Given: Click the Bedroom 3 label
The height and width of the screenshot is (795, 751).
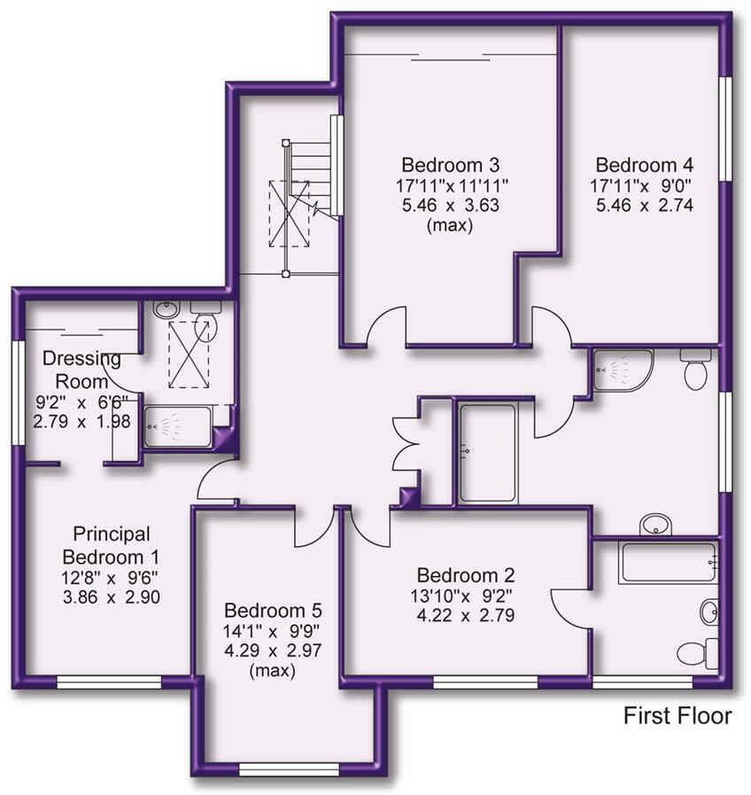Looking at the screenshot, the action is click(x=450, y=165).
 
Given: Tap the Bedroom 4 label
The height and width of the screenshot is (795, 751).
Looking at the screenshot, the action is click(x=644, y=165).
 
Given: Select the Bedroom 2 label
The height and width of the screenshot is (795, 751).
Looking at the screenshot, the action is click(x=465, y=575).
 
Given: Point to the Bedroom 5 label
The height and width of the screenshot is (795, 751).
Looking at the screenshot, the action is click(x=273, y=610).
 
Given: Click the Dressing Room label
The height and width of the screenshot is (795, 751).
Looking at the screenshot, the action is click(x=81, y=369).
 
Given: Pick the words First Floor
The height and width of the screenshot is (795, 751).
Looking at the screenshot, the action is click(x=677, y=716).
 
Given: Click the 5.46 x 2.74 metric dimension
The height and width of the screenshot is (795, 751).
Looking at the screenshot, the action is click(x=644, y=206).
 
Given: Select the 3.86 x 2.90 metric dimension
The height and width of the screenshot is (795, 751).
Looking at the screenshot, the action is click(x=112, y=596).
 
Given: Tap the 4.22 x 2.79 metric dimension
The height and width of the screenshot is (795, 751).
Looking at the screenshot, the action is click(x=465, y=615).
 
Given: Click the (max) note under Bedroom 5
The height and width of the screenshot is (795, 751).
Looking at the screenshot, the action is click(x=272, y=670).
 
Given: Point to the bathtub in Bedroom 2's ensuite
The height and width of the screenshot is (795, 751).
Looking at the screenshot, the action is click(x=669, y=563).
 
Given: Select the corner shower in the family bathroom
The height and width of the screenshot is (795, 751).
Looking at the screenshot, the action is click(x=623, y=370).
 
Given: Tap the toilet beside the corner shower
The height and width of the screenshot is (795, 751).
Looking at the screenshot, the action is click(x=696, y=369).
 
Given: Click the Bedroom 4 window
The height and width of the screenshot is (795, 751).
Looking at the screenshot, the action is click(x=725, y=129).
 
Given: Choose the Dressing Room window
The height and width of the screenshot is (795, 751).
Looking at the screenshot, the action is click(x=19, y=393).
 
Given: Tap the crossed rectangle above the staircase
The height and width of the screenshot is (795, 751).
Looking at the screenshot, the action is click(x=290, y=214).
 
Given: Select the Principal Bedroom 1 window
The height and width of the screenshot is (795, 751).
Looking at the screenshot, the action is click(x=109, y=682).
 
